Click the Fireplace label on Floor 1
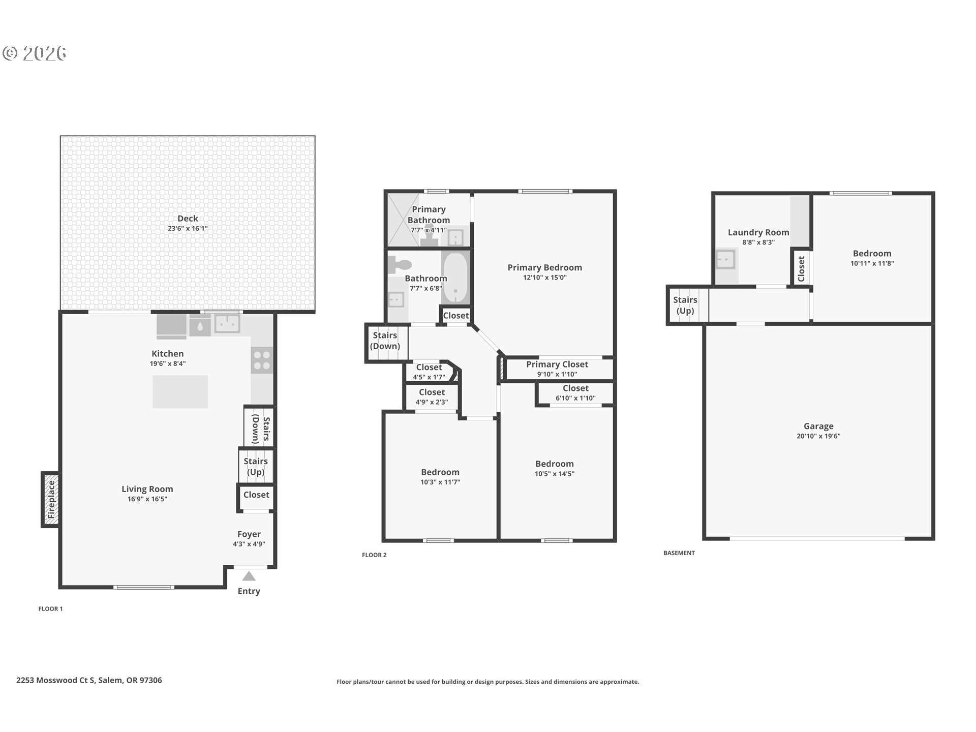(51, 500)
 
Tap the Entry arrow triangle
(249, 576)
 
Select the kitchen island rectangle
(180, 391)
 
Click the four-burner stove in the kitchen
(262, 360)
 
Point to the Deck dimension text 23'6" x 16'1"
(188, 229)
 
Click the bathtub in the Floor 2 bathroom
(455, 278)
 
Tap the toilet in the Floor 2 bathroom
(400, 264)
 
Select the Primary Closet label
(557, 364)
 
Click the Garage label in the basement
(818, 426)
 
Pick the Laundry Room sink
(725, 259)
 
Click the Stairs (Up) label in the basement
(685, 305)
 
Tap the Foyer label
(249, 534)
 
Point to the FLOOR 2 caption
(374, 555)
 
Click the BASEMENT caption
(679, 553)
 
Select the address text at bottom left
(89, 680)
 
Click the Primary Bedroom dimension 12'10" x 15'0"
(545, 278)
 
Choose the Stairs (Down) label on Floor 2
(385, 341)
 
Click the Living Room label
(147, 489)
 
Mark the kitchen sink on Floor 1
(227, 323)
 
